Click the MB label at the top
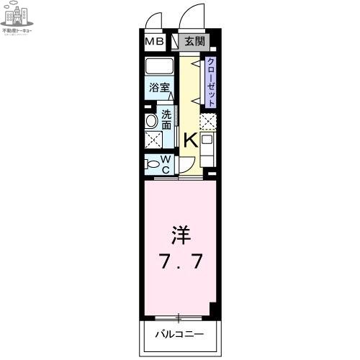(155, 42)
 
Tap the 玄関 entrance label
(194, 42)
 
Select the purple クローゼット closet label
(210, 82)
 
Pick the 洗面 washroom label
(166, 119)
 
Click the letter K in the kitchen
(189, 140)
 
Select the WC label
(164, 164)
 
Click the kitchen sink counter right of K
(207, 147)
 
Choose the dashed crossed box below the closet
(208, 122)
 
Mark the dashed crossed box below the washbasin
(153, 140)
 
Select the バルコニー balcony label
(179, 334)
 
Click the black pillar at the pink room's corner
(213, 309)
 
